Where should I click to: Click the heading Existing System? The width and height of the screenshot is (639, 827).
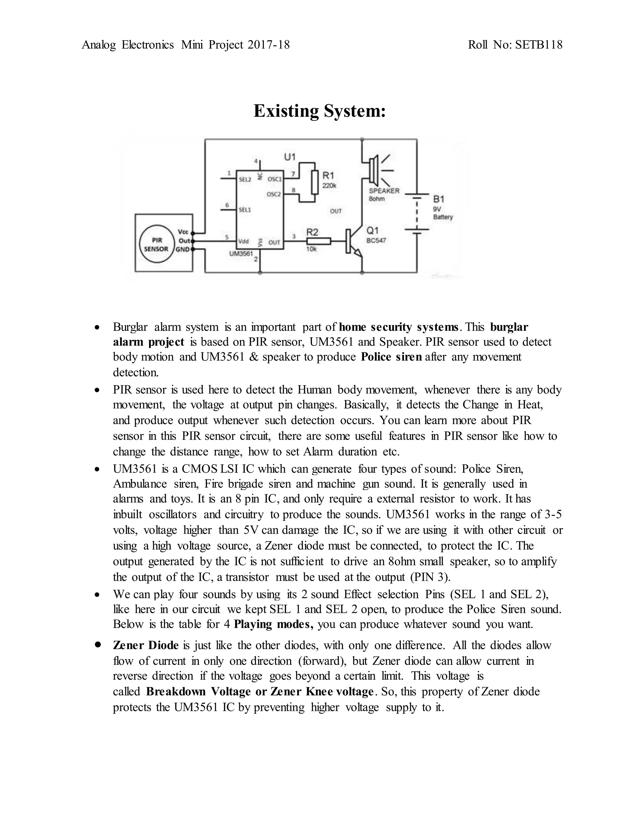click(319, 111)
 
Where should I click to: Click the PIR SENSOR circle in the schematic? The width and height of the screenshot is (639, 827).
click(156, 244)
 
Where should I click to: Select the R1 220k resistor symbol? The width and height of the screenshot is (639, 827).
click(315, 182)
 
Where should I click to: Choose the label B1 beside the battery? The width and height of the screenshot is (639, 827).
click(439, 199)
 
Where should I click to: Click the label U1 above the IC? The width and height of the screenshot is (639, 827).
click(290, 157)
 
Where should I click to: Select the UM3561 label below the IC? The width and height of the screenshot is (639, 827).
click(241, 254)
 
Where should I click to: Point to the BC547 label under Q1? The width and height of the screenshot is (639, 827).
click(376, 240)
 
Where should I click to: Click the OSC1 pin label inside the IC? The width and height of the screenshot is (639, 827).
click(275, 179)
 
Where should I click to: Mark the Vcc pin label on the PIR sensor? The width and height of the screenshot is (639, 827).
click(183, 232)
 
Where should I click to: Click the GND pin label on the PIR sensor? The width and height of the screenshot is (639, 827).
click(183, 250)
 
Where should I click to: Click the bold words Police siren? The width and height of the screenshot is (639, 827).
click(392, 357)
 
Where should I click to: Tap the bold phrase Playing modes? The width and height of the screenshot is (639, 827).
click(273, 624)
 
